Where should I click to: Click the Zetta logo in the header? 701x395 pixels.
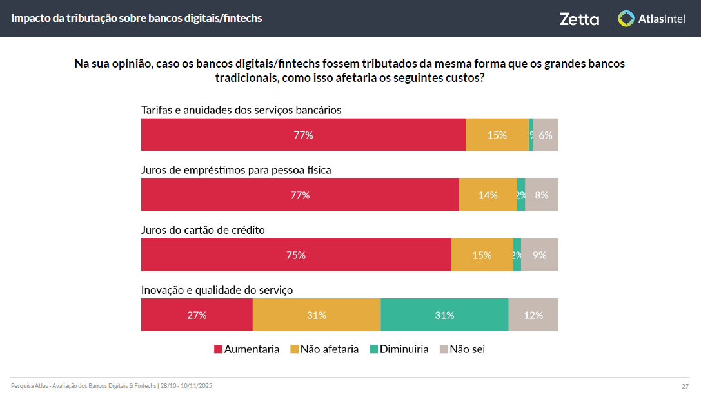click(x=579, y=19)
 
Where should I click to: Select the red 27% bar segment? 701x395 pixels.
click(x=197, y=315)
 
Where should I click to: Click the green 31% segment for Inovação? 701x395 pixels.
click(x=444, y=315)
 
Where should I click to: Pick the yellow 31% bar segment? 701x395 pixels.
click(x=316, y=315)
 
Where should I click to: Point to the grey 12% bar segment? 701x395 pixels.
click(x=533, y=315)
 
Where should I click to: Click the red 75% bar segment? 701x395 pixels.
click(x=296, y=255)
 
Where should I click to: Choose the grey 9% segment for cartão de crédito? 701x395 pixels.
click(x=540, y=255)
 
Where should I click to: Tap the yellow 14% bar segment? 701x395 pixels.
click(x=488, y=195)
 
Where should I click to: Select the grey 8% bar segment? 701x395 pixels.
click(x=542, y=195)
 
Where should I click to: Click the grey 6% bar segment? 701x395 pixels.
click(x=546, y=135)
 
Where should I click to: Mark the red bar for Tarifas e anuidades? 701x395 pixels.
click(x=303, y=135)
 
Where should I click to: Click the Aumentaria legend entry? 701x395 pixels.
click(x=246, y=349)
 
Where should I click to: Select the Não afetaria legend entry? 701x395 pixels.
click(x=324, y=349)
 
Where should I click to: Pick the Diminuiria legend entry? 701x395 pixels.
click(x=399, y=349)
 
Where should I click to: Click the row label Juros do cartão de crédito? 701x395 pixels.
click(x=203, y=230)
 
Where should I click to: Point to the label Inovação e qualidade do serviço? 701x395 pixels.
click(x=217, y=290)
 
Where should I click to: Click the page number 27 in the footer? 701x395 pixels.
click(x=685, y=386)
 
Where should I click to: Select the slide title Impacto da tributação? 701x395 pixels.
click(x=137, y=18)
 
